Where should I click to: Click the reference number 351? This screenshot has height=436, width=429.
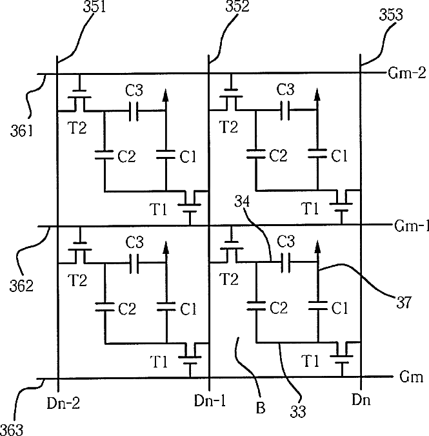click(95, 6)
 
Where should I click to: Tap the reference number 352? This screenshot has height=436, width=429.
click(237, 6)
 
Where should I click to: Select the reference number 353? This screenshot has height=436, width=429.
click(391, 14)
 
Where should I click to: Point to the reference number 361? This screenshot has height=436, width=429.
click(22, 130)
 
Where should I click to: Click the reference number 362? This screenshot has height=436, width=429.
click(21, 285)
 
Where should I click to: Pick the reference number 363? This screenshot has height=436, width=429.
click(12, 430)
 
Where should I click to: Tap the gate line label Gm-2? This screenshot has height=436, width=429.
click(407, 73)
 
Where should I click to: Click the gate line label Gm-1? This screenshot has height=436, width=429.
click(412, 226)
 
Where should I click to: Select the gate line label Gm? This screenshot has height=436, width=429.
click(411, 377)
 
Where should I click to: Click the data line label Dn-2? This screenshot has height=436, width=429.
click(63, 402)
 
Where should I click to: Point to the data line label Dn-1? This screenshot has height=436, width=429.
click(210, 400)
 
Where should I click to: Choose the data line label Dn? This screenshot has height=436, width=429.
click(361, 400)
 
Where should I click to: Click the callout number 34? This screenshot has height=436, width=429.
click(242, 201)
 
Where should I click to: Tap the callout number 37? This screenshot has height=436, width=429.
click(404, 302)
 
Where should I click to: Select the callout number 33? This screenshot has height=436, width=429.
click(298, 411)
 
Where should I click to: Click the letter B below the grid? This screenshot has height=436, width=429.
click(261, 408)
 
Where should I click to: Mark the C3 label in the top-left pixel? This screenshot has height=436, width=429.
click(134, 90)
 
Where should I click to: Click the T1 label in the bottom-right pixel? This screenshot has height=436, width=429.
click(310, 361)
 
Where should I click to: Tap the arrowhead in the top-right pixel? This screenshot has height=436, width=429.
click(317, 94)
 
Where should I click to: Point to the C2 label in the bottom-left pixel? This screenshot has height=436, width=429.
click(127, 309)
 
